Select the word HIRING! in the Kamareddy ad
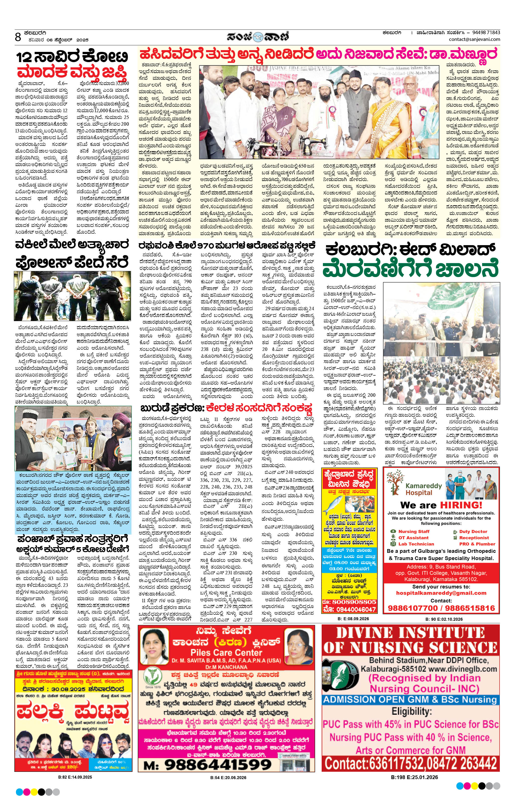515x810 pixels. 461,505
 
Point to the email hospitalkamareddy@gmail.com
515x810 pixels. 441,593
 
